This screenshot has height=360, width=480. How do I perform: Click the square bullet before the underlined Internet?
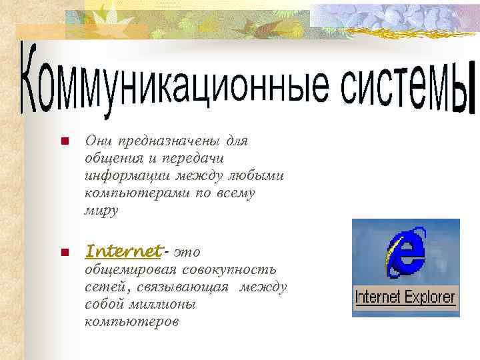coord(65,253)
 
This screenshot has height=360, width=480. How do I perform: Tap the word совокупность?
coord(230,269)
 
